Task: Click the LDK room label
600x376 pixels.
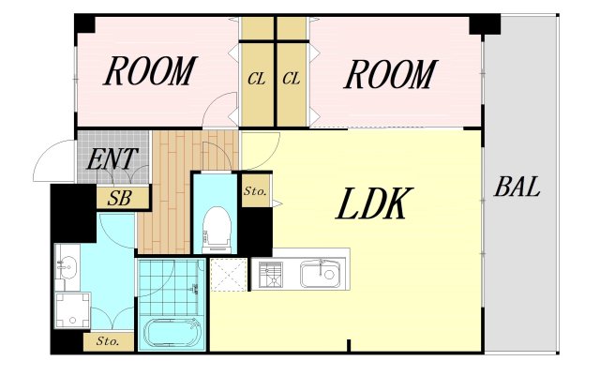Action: (x=374, y=203)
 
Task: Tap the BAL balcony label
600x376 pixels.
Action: (x=517, y=187)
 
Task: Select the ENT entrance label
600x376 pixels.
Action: (x=112, y=158)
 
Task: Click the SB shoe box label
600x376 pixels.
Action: (x=120, y=198)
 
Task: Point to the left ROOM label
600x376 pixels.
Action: (x=150, y=71)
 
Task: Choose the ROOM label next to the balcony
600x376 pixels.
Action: (x=390, y=74)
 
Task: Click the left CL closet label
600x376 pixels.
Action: (x=256, y=80)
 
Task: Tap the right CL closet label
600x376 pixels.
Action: (x=292, y=79)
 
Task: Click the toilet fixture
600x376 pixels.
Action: (x=217, y=230)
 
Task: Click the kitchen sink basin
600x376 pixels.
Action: (x=320, y=274)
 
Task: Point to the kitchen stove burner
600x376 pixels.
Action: (x=271, y=275)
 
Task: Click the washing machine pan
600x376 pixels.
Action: (x=73, y=310)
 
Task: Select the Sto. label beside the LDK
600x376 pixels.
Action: (x=255, y=191)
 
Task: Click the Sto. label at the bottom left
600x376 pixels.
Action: (x=108, y=340)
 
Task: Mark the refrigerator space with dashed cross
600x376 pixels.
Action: (x=229, y=275)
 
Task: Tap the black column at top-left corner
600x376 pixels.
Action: (x=85, y=23)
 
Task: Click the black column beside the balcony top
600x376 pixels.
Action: (x=485, y=24)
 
